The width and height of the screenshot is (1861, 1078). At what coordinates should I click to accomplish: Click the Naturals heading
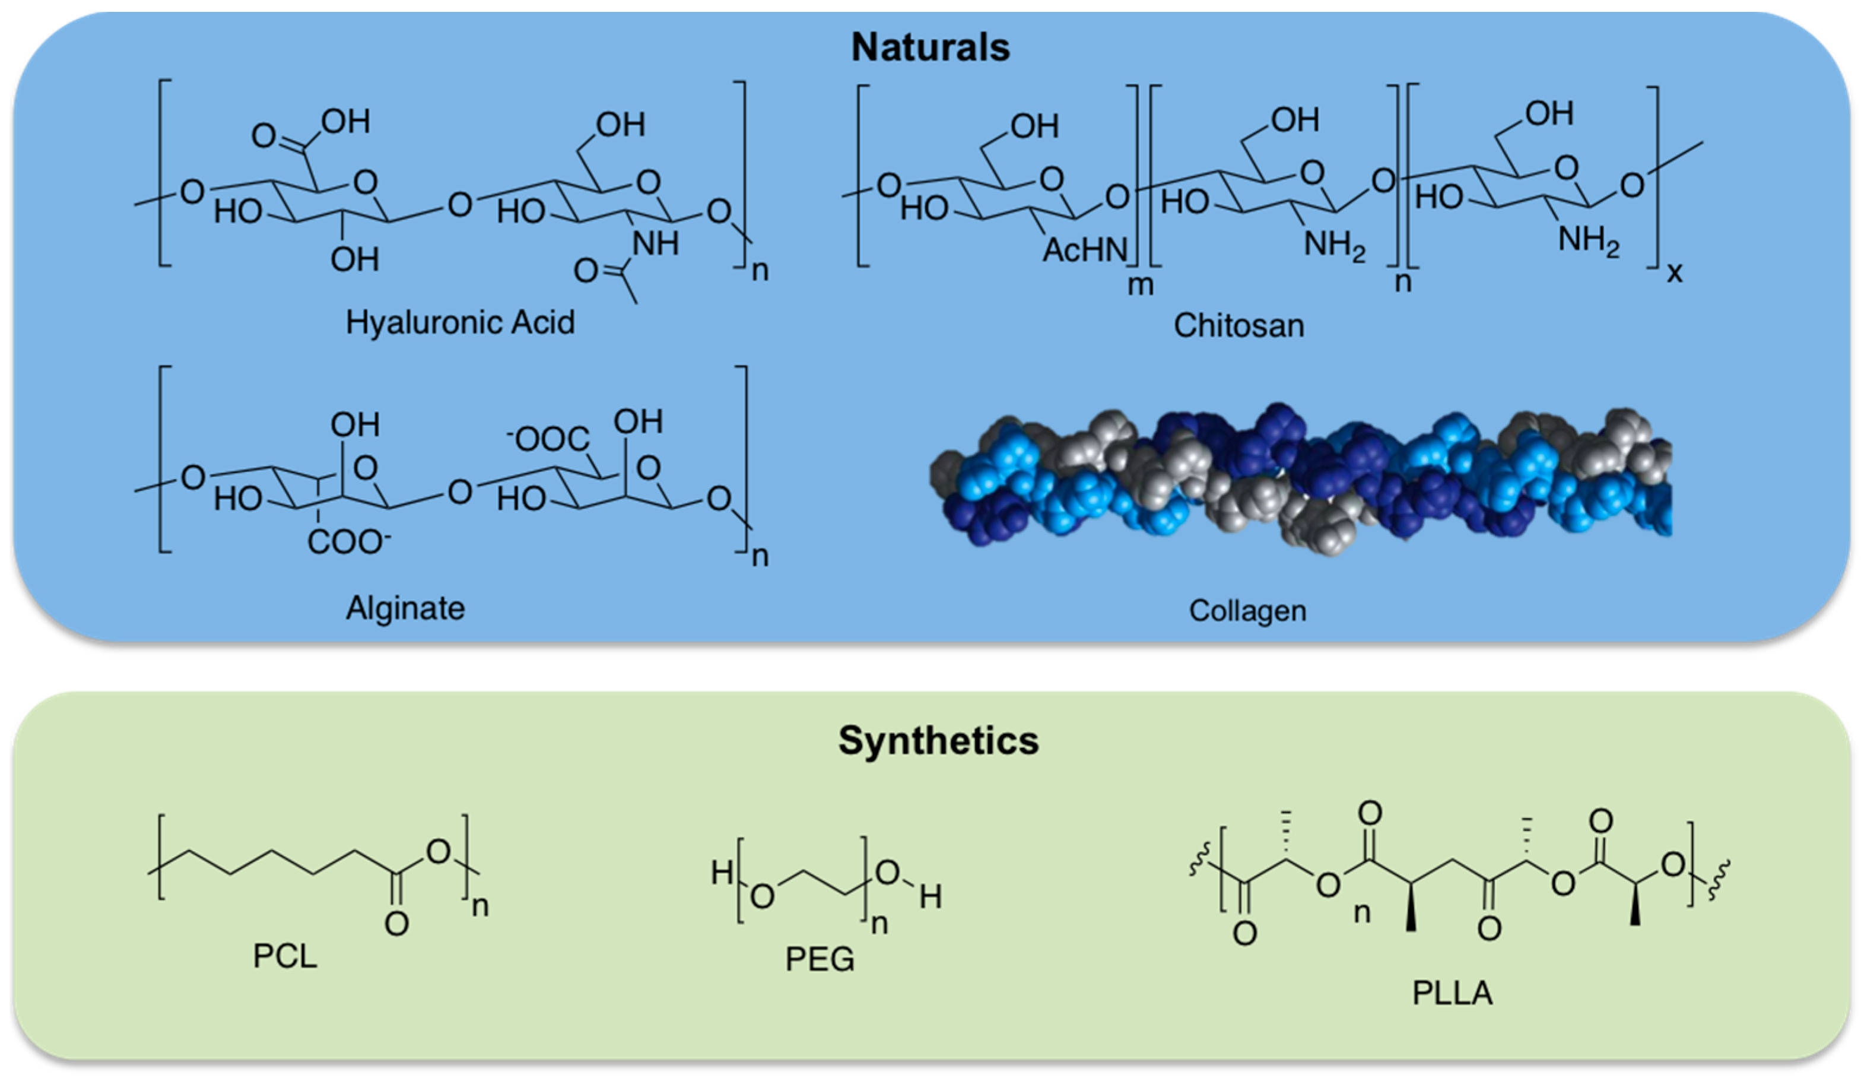coord(930,47)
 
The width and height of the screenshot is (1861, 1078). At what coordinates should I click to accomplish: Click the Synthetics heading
coord(938,740)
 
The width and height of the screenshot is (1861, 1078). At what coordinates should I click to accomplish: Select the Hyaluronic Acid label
coord(460,323)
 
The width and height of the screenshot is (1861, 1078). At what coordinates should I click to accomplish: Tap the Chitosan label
coord(1238,326)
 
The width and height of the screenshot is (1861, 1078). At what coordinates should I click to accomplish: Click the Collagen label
coord(1247,611)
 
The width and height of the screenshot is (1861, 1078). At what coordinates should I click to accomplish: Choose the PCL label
coord(285,956)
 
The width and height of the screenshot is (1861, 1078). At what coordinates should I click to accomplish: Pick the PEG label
coord(820,959)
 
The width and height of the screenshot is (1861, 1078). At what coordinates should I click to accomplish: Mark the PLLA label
coord(1452,993)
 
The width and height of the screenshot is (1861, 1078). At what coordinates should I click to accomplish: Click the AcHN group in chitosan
coord(1084,251)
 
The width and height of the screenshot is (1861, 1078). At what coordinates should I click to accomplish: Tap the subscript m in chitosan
coord(1140,285)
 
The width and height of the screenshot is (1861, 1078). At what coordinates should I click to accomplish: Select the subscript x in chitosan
coord(1674,274)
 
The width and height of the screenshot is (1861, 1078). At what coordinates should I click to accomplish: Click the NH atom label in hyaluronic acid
coord(655,243)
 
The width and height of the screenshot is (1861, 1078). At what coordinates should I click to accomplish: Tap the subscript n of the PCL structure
coord(480,906)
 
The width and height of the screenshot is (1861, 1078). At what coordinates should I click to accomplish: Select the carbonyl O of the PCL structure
coord(396,924)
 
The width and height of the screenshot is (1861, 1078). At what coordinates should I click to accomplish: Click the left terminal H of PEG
coord(722,873)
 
